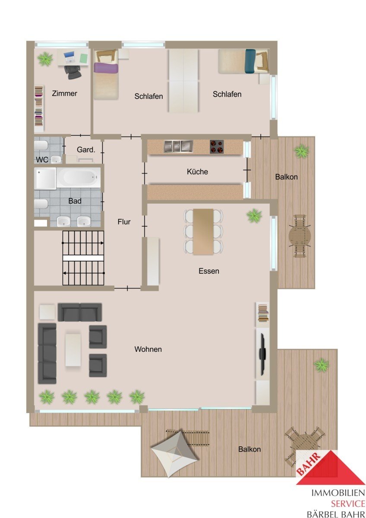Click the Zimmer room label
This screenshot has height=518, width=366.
[x=64, y=93]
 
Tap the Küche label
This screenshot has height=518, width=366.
[x=197, y=172]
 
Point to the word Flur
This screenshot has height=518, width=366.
[x=124, y=222]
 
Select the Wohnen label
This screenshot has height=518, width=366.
[x=148, y=349]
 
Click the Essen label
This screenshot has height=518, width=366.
[x=209, y=271]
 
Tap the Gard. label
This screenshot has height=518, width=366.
[x=86, y=150]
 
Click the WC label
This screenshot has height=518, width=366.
[x=42, y=160]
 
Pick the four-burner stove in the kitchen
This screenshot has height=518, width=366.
[x=217, y=147]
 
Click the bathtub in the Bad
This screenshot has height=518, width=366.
[x=79, y=177]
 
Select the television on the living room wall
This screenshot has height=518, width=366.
[x=262, y=354]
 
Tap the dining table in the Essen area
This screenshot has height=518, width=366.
[x=203, y=232]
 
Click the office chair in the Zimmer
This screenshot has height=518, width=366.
[x=73, y=72]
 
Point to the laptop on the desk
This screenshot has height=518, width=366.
[x=69, y=57]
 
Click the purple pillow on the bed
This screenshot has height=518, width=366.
[x=106, y=69]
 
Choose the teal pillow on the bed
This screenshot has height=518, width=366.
[x=250, y=61]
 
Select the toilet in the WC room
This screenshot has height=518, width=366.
[x=41, y=145]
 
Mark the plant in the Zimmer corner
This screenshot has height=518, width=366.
[x=45, y=59]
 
